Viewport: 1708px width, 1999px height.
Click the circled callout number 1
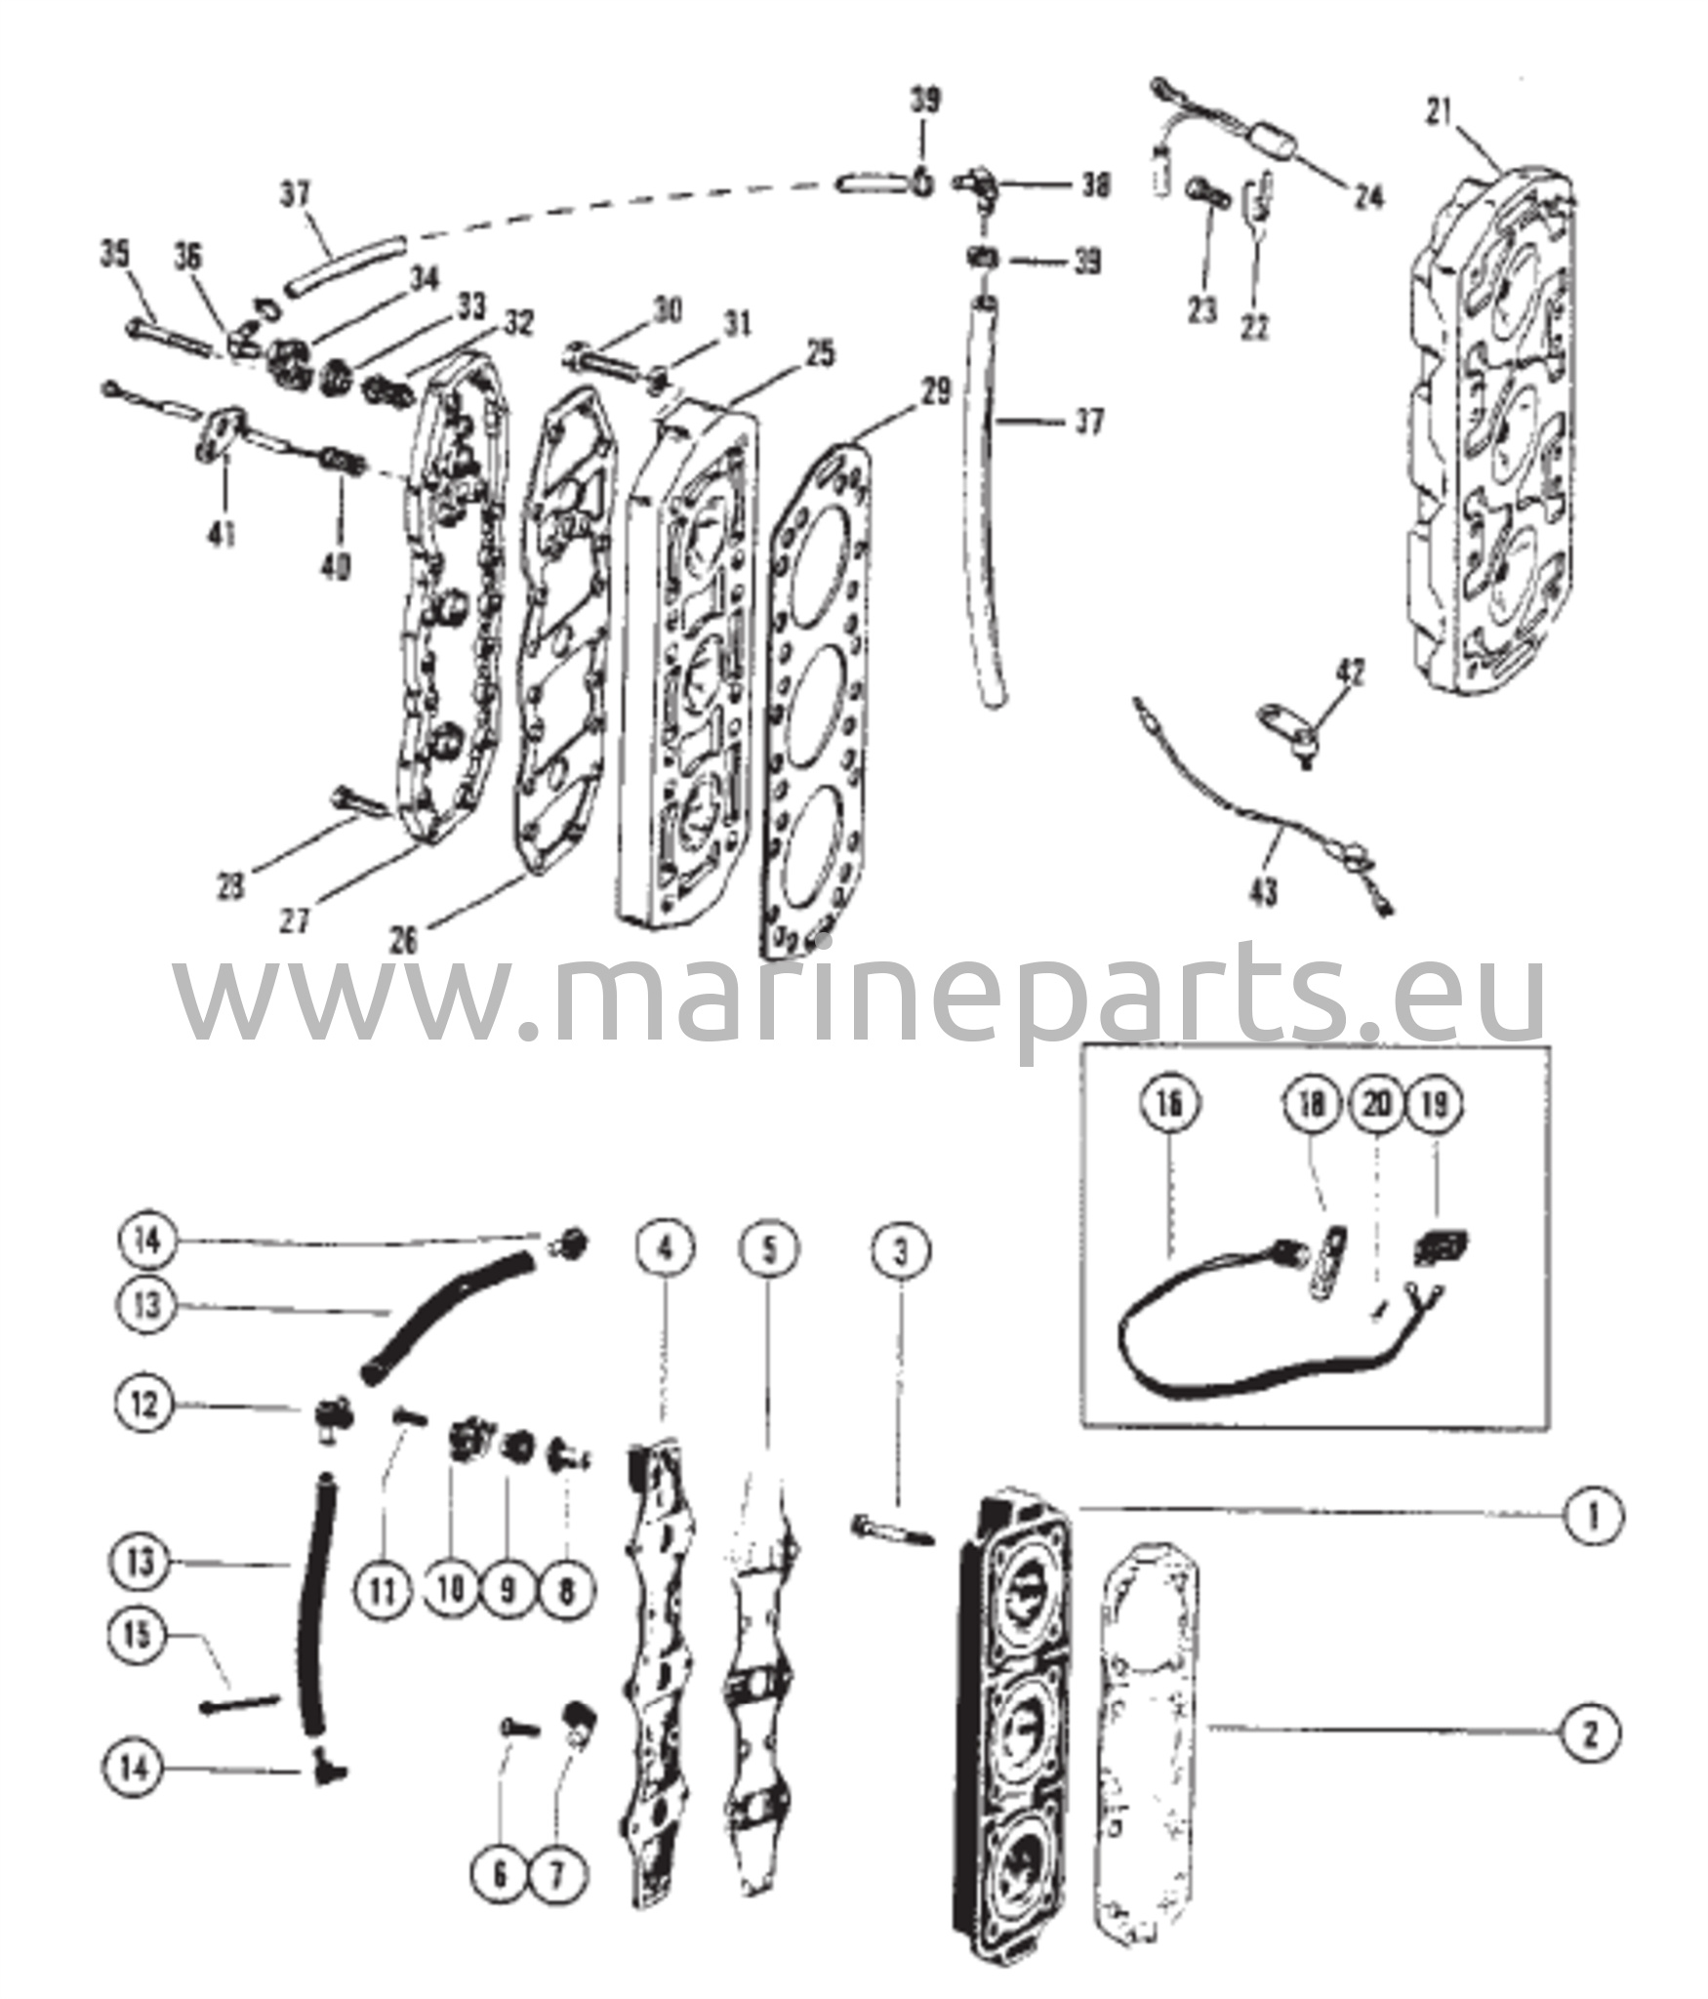1594,1541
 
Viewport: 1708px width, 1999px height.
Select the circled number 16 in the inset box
1170,1104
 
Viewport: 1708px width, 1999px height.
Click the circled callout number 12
145,1406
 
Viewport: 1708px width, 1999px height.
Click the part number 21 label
1438,113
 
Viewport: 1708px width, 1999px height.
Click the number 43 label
1264,891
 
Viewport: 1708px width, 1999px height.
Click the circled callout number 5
768,1249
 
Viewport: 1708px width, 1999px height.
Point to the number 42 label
1351,673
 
